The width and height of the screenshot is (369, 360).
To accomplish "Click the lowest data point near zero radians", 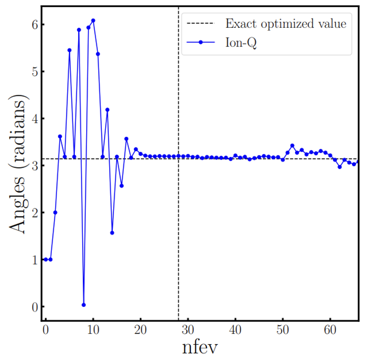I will point(84,305).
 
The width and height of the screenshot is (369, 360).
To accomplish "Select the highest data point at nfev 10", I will point(93,20).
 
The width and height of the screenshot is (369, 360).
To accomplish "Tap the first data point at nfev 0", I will point(46,260).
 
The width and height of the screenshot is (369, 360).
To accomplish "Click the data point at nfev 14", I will point(112,233).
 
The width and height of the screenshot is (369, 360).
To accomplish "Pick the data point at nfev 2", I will point(55,213).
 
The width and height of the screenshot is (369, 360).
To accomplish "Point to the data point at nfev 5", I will point(69,50).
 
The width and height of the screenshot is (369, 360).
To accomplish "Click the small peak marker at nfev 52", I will point(292,146).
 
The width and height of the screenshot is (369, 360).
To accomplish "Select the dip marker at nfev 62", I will point(340,167).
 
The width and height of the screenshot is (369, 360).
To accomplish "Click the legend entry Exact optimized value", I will point(286,23).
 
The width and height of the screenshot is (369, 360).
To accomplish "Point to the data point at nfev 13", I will point(107,110).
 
